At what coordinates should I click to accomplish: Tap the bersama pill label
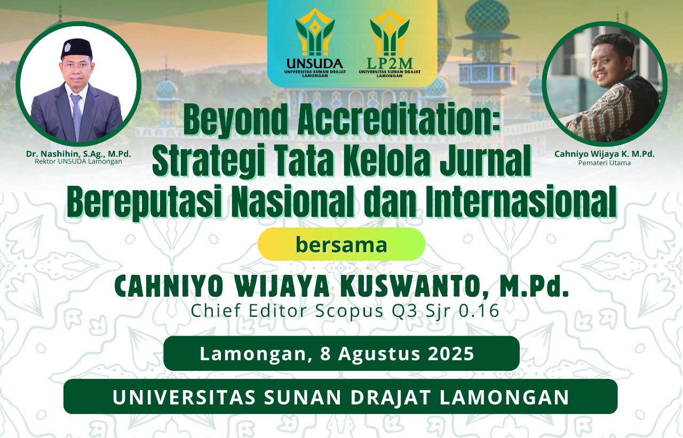coord(341,245)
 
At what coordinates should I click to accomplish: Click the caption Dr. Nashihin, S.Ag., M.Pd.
coord(78,154)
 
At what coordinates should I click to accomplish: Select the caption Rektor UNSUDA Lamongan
coord(78,161)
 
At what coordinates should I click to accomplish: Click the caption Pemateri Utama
coord(605,163)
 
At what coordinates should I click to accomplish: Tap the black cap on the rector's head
coord(76,47)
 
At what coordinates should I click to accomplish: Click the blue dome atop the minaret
coord(487,17)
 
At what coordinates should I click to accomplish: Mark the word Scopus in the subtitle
coord(349,312)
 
